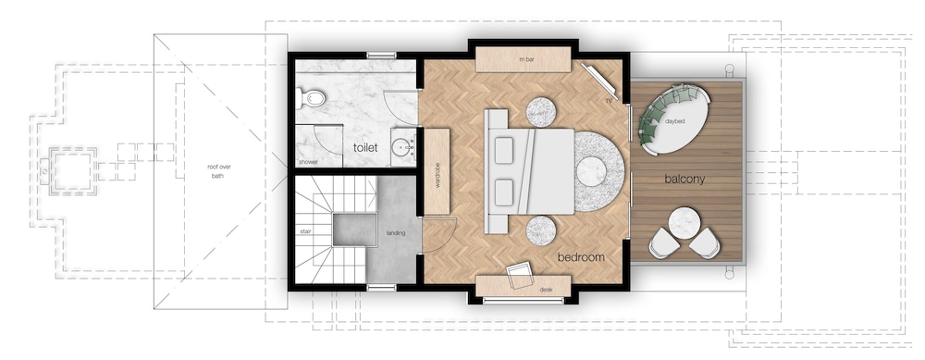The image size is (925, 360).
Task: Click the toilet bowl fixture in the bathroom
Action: [x=310, y=98]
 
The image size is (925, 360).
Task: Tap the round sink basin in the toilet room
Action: [x=404, y=147]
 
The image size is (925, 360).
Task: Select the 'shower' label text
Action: [x=308, y=162]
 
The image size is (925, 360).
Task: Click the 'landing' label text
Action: [x=395, y=233]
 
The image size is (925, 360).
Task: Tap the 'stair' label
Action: [x=305, y=231]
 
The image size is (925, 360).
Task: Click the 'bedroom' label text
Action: [x=581, y=257]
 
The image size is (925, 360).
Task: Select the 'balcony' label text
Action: [x=684, y=179]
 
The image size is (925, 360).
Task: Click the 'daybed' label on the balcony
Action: [x=675, y=121]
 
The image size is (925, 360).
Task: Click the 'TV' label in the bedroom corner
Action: [x=609, y=101]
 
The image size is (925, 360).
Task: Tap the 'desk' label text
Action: [x=546, y=290]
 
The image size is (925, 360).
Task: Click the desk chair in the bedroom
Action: [x=519, y=275]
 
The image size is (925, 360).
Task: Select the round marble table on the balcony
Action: [x=684, y=222]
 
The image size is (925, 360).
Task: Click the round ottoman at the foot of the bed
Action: [x=592, y=172]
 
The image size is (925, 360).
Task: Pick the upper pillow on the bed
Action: [x=503, y=150]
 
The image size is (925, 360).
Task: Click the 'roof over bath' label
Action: [x=219, y=171]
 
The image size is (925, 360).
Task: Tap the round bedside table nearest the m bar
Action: [x=541, y=111]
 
